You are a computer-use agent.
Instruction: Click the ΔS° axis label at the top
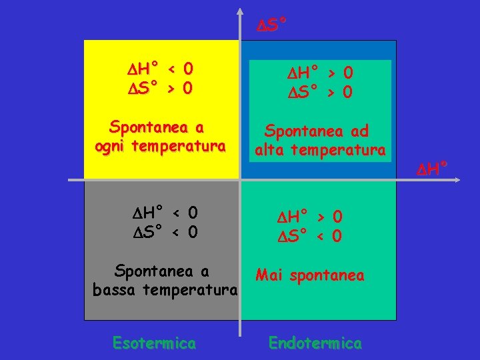[x=273, y=25]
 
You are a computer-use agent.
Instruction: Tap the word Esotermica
[x=154, y=343]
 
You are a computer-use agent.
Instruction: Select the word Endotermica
[x=315, y=343]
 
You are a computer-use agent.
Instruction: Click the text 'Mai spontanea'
[x=310, y=275]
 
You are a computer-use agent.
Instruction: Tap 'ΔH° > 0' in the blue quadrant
[x=321, y=72]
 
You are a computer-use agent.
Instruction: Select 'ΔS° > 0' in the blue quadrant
[x=321, y=91]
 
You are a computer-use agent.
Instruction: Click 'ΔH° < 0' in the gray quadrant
[x=165, y=213]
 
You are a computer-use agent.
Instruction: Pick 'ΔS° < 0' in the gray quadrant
[x=165, y=232]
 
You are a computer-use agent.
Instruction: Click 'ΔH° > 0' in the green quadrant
[x=310, y=217]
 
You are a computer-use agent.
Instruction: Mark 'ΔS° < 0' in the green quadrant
[x=310, y=236]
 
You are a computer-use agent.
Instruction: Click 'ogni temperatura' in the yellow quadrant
[x=160, y=145]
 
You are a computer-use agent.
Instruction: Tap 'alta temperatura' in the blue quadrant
[x=320, y=151]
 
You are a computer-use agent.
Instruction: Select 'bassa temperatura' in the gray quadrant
[x=165, y=290]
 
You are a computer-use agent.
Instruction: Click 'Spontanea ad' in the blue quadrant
[x=317, y=131]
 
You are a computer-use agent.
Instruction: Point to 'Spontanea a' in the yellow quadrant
[x=157, y=127]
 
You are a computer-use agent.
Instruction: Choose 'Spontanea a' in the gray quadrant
[x=161, y=271]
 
